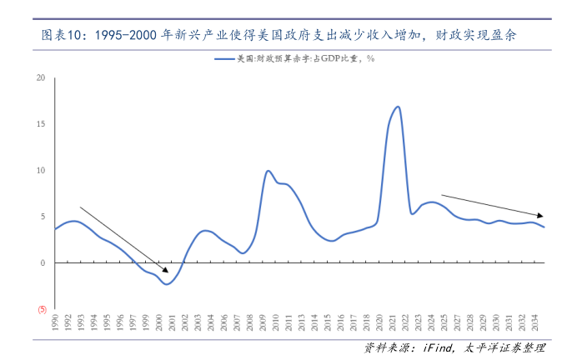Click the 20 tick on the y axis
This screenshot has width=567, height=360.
coord(41,78)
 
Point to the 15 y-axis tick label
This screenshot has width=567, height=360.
coord(41,124)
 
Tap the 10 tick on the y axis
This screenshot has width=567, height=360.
coord(41,171)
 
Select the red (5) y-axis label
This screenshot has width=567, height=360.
coord(40,309)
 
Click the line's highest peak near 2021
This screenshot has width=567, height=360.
coord(398,107)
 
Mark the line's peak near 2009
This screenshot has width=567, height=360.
coord(268,171)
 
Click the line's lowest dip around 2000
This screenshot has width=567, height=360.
coord(168,284)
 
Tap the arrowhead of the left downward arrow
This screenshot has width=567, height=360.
coord(166,270)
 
